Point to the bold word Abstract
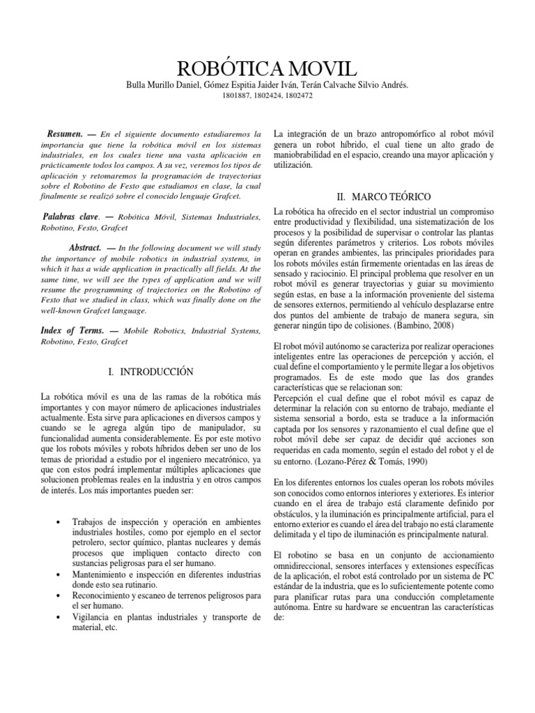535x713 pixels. click(86, 248)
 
